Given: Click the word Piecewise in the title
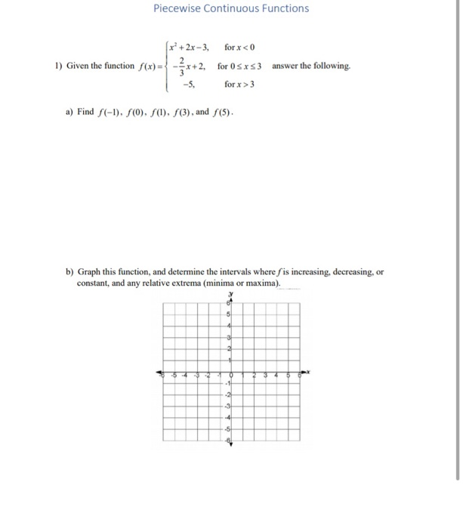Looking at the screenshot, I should pyautogui.click(x=177, y=8).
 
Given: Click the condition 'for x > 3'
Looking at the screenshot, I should pyautogui.click(x=239, y=83).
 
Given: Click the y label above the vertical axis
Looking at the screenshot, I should pyautogui.click(x=231, y=294).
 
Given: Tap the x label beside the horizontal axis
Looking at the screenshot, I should pyautogui.click(x=308, y=371).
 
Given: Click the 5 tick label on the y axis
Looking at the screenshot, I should pyautogui.click(x=228, y=314).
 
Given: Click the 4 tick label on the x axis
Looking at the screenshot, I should pyautogui.click(x=276, y=375).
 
